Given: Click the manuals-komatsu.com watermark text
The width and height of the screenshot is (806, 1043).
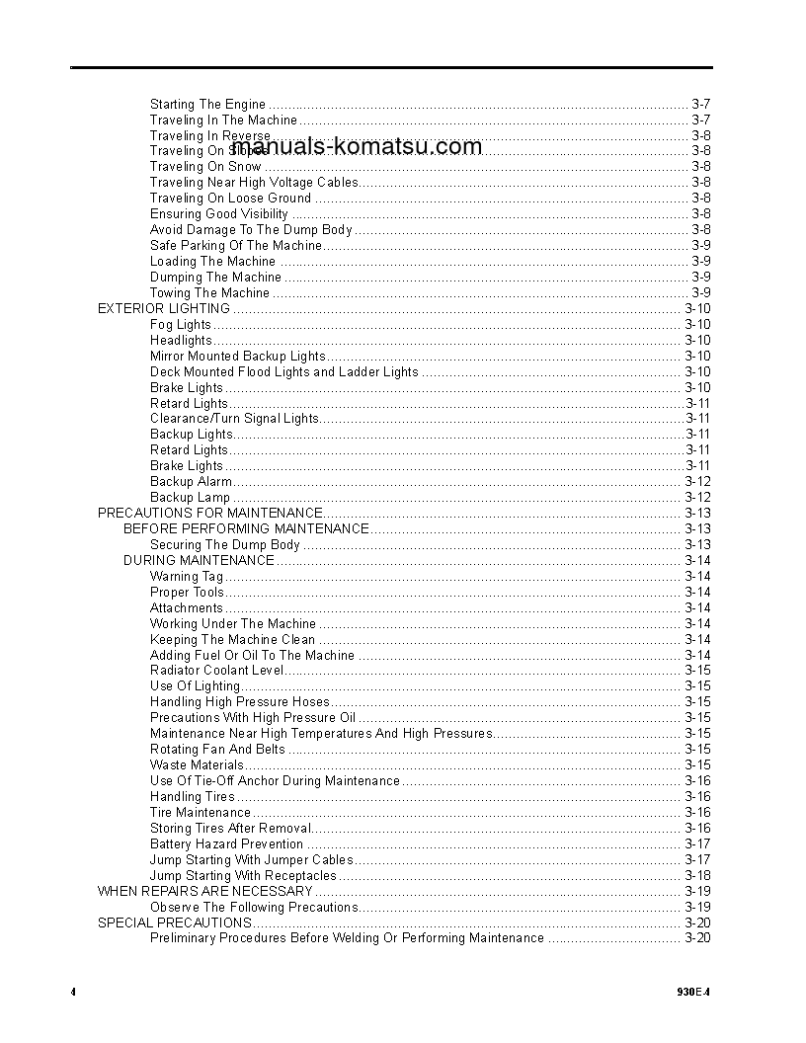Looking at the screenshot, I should [x=357, y=147].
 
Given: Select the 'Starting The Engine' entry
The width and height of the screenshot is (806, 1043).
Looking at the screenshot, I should [x=207, y=104].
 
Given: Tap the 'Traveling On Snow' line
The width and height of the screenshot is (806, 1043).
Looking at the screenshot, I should [x=205, y=167].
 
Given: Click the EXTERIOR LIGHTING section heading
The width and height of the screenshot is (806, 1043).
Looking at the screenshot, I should [x=163, y=308].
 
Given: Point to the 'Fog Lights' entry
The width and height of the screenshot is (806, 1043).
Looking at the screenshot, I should [x=180, y=324].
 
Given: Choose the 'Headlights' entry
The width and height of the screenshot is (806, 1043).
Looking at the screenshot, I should [x=181, y=340].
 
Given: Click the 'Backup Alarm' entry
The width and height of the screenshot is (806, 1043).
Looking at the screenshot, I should [x=191, y=482].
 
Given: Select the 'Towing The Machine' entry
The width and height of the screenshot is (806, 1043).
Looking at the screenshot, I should [x=209, y=293].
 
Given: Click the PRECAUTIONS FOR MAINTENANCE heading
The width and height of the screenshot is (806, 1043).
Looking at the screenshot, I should [x=209, y=514].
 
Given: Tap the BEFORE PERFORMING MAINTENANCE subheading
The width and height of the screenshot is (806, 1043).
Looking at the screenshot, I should [x=246, y=529].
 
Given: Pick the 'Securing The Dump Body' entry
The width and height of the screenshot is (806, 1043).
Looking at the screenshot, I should [x=225, y=545].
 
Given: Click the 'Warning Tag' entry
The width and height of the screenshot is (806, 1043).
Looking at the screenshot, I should [x=187, y=577].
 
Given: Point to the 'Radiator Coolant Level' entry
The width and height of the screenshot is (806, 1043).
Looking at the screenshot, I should [x=217, y=671].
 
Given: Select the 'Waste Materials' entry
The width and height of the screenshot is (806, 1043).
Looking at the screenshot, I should [x=197, y=765].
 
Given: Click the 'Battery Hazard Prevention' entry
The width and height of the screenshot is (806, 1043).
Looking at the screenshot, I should [x=226, y=844].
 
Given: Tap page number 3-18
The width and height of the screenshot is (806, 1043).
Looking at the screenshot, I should [x=697, y=876].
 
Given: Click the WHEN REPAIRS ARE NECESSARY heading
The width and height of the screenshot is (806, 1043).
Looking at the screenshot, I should [x=204, y=891].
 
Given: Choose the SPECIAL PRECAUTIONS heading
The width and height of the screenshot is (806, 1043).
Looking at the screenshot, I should [x=174, y=923].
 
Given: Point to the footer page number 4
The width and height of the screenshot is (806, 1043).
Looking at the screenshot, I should [x=73, y=991].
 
